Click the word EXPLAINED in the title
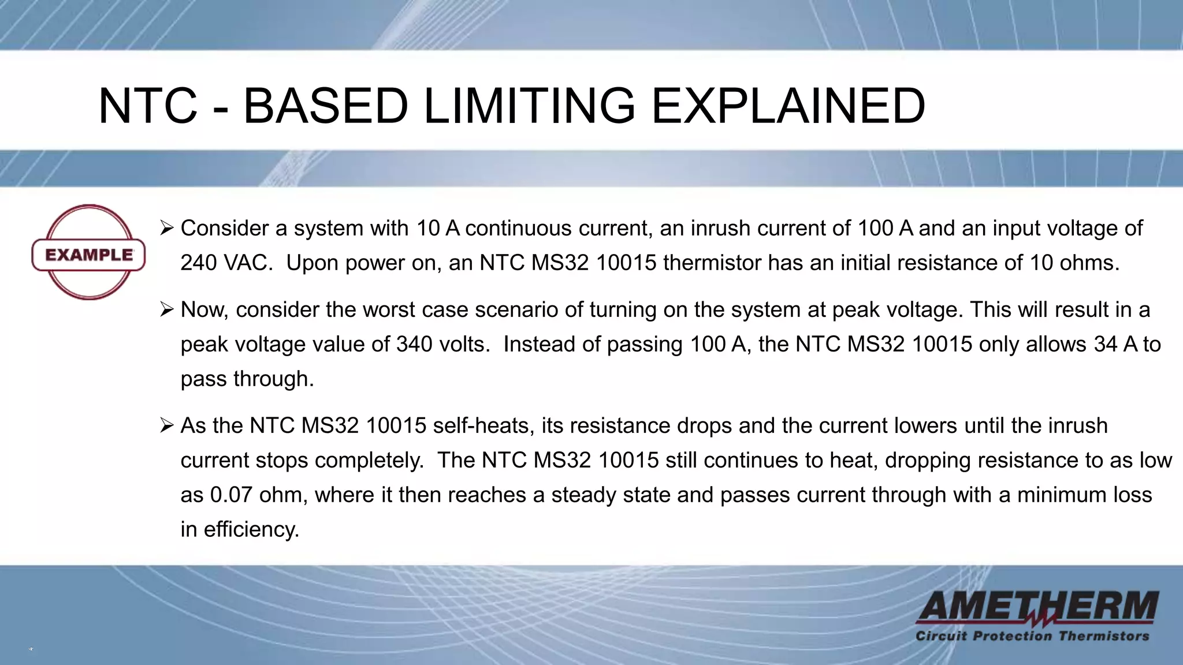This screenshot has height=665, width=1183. click(788, 106)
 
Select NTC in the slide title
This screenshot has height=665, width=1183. click(148, 106)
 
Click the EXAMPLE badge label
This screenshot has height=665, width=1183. click(88, 255)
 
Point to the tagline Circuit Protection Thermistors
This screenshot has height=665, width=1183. click(1032, 636)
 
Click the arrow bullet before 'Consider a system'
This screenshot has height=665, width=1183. click(166, 229)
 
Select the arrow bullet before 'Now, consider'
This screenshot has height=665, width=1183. click(166, 310)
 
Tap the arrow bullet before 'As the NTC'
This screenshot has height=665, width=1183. click(166, 426)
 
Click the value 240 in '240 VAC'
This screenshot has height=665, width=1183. click(198, 263)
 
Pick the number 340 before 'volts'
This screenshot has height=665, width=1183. click(414, 345)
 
